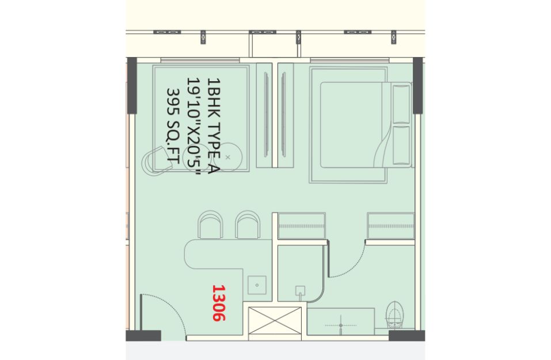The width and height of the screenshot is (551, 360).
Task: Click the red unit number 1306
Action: (x=219, y=303)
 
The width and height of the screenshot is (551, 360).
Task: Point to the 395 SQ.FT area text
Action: (x=173, y=126)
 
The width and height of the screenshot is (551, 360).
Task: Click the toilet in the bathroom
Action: (x=394, y=314)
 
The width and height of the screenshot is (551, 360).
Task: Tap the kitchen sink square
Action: (x=257, y=285)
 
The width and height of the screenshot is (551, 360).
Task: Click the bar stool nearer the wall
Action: (x=211, y=225)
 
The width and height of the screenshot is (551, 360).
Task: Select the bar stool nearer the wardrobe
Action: (x=248, y=225)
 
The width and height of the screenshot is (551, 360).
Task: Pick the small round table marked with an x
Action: (x=227, y=157)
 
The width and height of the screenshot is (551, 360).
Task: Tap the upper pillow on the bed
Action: (x=401, y=104)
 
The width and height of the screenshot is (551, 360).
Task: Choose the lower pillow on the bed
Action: (x=401, y=145)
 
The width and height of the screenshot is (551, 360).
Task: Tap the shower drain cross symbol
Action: (x=340, y=325)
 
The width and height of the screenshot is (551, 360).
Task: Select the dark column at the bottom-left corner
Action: (x=143, y=335)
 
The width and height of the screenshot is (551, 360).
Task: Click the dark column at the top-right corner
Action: (x=417, y=85)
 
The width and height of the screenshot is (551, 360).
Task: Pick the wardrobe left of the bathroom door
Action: (x=302, y=226)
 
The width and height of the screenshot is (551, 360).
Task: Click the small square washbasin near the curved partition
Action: (x=300, y=291)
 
